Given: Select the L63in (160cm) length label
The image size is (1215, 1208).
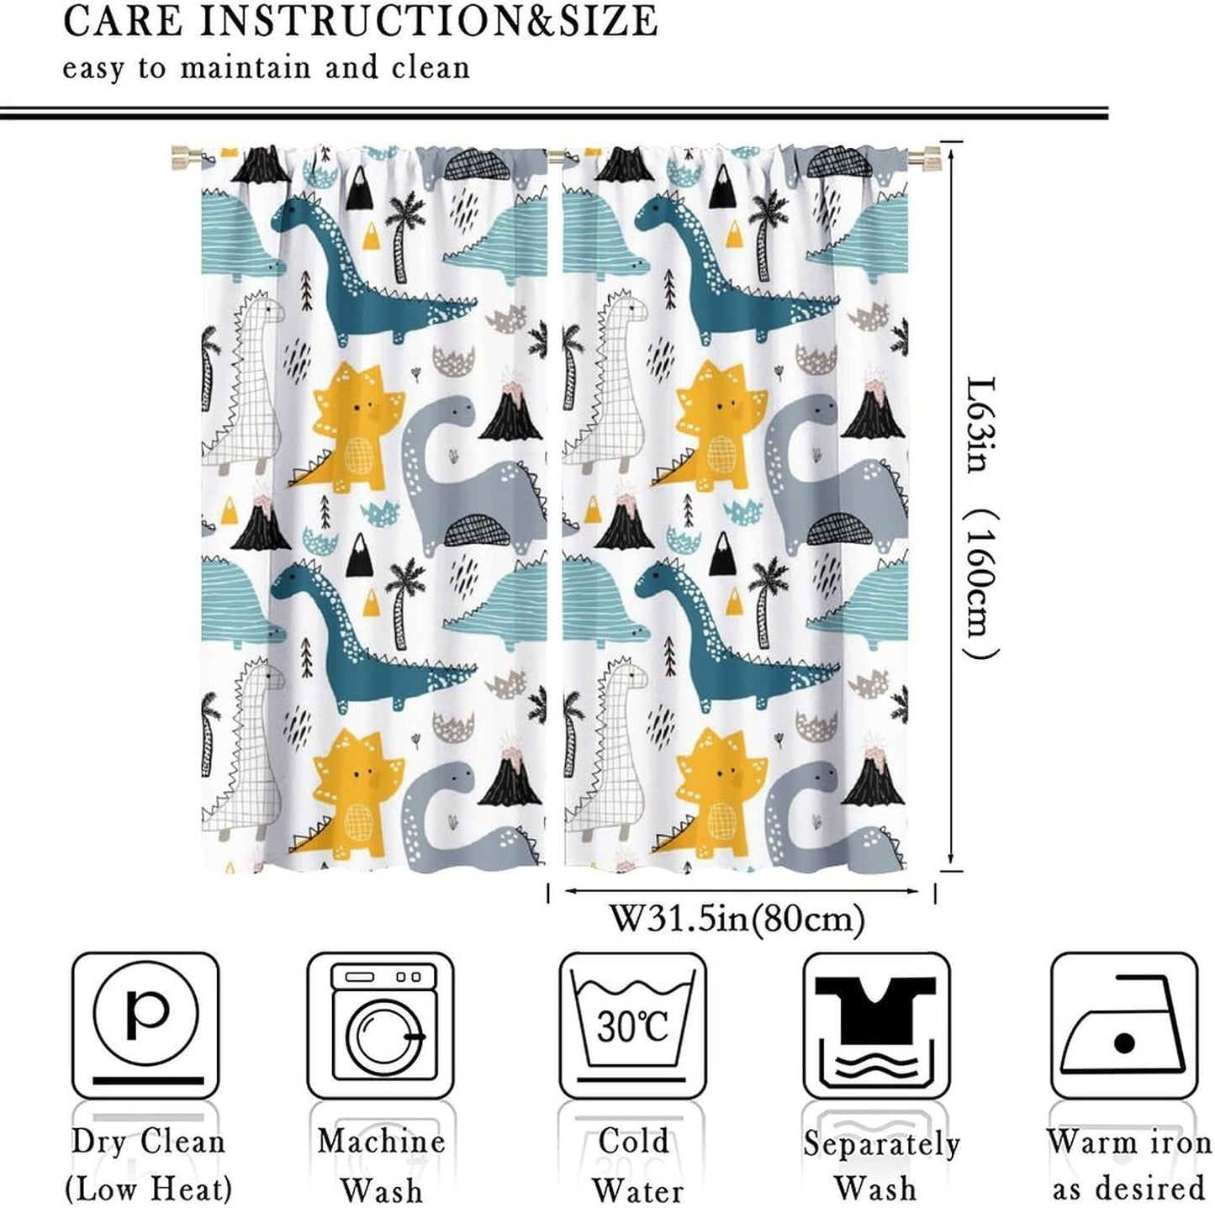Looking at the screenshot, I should tap(980, 516).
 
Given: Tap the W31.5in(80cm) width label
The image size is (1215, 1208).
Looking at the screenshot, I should tap(737, 919).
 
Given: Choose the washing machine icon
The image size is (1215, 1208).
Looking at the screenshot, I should tap(380, 1025).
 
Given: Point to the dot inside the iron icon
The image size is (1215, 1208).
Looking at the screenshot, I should tap(1124, 1044).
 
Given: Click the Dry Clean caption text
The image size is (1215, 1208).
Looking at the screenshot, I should tap(148, 1142).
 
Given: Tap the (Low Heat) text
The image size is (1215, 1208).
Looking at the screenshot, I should tap(148, 1189).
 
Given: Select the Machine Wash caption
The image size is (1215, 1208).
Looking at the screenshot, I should tap(381, 1165).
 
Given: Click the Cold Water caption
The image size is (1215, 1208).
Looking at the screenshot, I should tap(633, 1165).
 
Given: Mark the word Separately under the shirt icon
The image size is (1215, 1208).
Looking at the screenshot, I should tap(880, 1143).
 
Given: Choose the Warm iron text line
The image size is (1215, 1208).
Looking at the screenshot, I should tap(1128, 1142).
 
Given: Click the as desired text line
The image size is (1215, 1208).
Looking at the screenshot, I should tap(1128, 1189).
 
